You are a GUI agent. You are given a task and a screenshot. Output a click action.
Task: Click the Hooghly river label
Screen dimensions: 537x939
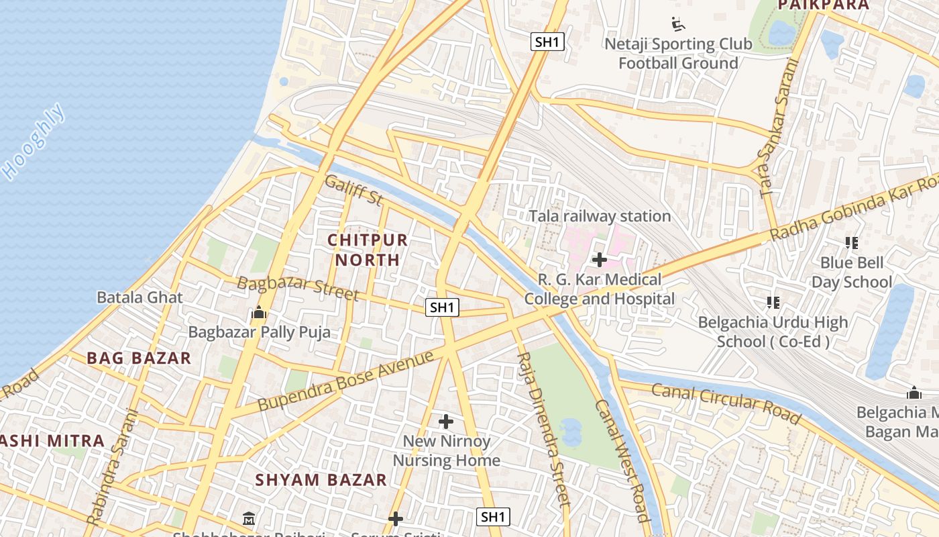pyautogui.click(x=35, y=142)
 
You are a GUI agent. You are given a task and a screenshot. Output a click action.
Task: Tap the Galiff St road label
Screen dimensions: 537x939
pyautogui.click(x=353, y=189)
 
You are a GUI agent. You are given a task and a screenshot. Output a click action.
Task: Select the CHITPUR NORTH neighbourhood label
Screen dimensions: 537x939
pyautogui.click(x=368, y=250)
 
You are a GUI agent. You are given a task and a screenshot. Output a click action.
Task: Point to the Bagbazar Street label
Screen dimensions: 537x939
pyautogui.click(x=298, y=287)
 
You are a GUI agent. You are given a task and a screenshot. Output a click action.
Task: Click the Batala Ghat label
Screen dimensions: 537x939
pyautogui.click(x=140, y=297)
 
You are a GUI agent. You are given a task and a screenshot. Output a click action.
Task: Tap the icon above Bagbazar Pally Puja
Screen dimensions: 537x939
pyautogui.click(x=259, y=313)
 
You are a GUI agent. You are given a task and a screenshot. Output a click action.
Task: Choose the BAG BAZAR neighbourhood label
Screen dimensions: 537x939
pyautogui.click(x=139, y=358)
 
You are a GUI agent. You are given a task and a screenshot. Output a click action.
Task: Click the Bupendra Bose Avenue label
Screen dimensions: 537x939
pyautogui.click(x=346, y=380)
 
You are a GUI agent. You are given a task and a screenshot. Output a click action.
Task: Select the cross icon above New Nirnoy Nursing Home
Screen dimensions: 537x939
pyautogui.click(x=446, y=422)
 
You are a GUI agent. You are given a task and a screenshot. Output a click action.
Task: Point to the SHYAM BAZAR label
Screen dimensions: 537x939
pyautogui.click(x=321, y=480)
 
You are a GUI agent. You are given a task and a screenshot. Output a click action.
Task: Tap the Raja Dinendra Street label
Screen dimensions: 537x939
pyautogui.click(x=543, y=430)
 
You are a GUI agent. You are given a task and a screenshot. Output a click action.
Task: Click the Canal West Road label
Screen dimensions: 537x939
pyautogui.click(x=622, y=460)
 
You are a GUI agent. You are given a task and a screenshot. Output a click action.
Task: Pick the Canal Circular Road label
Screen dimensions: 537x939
pyautogui.click(x=726, y=403)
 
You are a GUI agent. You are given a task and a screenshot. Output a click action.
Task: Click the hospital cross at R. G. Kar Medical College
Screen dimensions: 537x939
pyautogui.click(x=600, y=260)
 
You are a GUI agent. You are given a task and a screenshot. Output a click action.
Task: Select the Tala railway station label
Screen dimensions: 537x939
pyautogui.click(x=600, y=216)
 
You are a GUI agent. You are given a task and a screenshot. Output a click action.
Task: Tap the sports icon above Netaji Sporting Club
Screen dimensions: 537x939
pyautogui.click(x=679, y=25)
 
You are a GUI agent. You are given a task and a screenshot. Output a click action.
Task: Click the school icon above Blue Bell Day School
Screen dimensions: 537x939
pyautogui.click(x=852, y=243)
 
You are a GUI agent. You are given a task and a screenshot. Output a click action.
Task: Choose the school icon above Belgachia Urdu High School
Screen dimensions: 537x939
pyautogui.click(x=773, y=303)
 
